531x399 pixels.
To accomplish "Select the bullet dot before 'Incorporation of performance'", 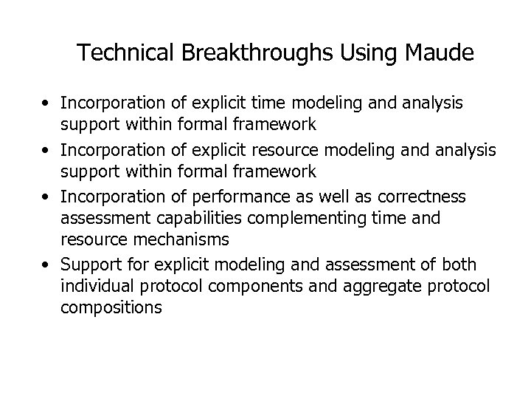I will point(47,197).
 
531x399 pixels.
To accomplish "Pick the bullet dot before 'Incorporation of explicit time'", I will point(47,103).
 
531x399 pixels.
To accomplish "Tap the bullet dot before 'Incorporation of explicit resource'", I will point(47,150).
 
